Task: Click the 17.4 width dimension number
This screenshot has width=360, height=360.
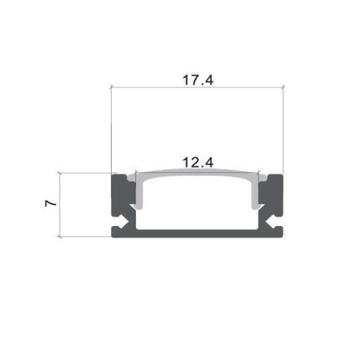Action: point(197,80)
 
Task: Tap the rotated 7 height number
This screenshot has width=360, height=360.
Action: point(50,204)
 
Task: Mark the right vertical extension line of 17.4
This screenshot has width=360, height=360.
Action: point(283,130)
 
